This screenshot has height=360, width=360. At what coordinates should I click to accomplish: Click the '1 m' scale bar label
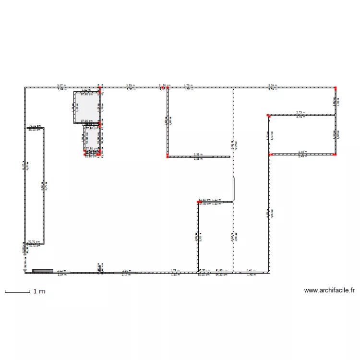tap(39, 291)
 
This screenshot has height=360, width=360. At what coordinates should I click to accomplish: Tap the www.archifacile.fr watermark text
tap(329, 290)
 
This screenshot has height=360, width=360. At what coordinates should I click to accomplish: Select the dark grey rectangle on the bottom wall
tap(43, 271)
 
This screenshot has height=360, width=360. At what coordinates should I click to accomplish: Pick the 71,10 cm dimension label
tap(35, 126)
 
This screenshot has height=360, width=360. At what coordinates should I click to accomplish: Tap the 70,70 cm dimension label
tap(34, 242)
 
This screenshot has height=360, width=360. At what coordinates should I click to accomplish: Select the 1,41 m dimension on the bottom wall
tap(251, 271)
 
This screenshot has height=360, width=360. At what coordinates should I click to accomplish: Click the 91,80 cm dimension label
tap(221, 271)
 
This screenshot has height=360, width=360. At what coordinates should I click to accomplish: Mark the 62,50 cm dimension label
tap(204, 200)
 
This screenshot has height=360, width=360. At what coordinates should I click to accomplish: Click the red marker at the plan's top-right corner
tap(336, 88)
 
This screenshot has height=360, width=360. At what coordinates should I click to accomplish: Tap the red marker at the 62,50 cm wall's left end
tap(198, 203)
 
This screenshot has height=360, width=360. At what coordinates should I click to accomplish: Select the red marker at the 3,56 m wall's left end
tap(168, 156)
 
